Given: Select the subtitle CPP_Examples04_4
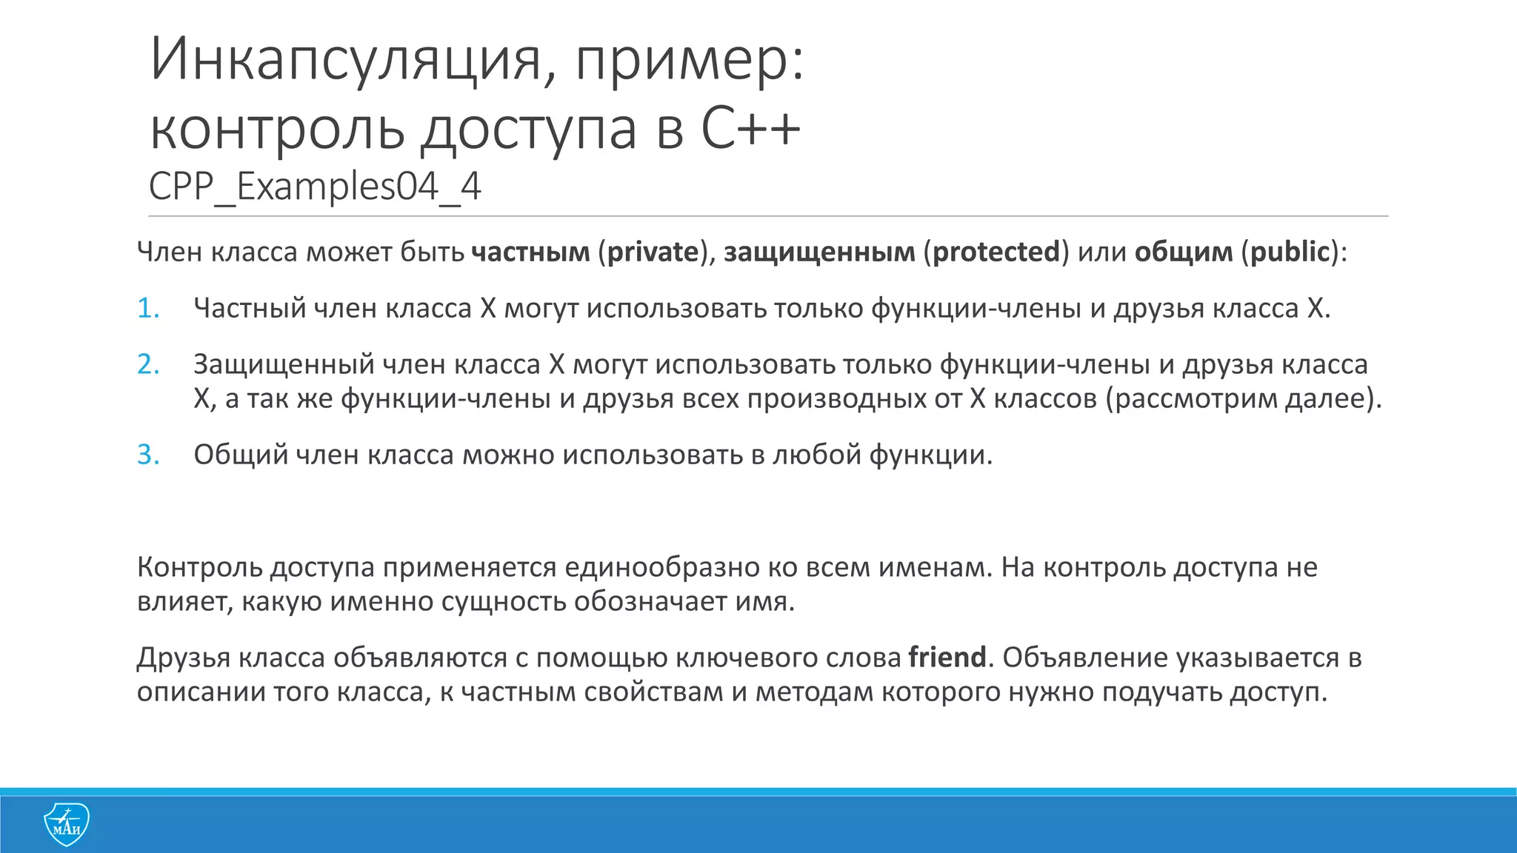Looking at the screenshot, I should coord(315,186).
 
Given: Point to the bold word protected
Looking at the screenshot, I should coord(996,252).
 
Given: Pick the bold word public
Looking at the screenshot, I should coord(1290,252).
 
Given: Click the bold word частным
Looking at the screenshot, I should coord(530,252).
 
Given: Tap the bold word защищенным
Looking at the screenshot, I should coord(819,252).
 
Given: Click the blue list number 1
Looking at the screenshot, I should coord(148,309).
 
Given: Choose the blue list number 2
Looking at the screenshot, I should coord(148,365).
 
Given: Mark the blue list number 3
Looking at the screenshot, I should coord(148,455).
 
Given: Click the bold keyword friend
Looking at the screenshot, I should coord(947,658).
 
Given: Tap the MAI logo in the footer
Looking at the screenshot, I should coord(67,824).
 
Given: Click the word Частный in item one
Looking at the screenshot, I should coord(250,309).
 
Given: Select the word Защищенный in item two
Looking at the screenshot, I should coord(284,365).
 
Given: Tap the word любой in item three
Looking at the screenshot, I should coord(816,455).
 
